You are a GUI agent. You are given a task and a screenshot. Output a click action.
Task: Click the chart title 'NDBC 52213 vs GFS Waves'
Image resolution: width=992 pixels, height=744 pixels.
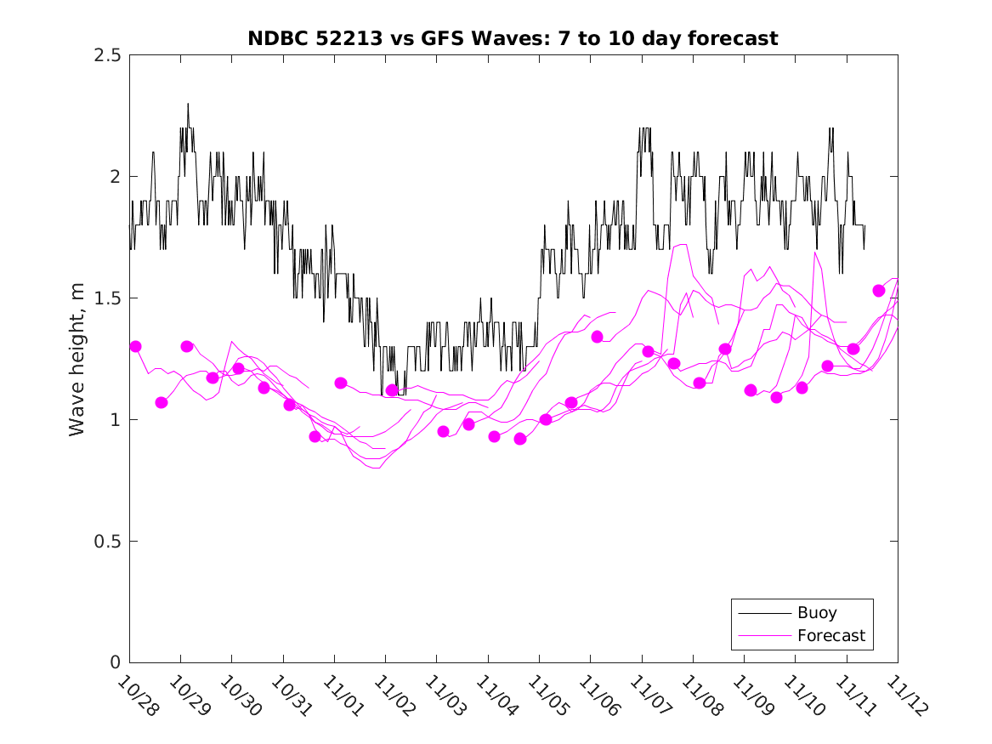pos(513,38)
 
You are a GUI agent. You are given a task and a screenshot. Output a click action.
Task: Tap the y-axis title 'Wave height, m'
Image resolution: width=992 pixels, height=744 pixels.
pos(77,359)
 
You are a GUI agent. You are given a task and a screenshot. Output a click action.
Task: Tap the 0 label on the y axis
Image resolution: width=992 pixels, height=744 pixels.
pos(115,663)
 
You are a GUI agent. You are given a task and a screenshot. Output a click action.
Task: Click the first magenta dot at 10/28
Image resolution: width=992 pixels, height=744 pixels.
pos(135,346)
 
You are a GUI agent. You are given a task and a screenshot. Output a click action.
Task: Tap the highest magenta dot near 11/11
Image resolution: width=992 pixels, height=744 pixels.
pos(879,291)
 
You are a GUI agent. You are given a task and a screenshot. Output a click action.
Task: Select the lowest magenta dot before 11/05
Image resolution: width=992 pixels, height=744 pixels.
pos(520,439)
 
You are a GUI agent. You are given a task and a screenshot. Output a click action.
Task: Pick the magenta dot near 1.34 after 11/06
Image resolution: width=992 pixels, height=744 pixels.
pos(597,337)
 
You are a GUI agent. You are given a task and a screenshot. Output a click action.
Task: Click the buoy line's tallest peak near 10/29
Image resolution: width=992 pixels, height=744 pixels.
pos(188,105)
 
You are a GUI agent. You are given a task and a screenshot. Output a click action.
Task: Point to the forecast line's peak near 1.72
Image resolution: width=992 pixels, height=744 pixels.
pos(682,245)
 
